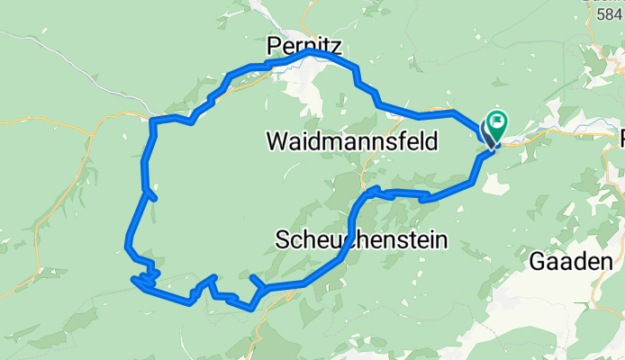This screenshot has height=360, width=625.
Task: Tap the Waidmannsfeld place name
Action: pos(352,141)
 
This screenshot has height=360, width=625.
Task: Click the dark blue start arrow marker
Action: pos(489,134)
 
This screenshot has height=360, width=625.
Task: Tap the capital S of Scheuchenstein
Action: pos(280,239)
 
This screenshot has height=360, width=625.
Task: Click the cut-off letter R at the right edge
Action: pos(621,137)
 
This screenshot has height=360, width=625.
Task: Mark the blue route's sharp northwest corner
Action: pos(152,121)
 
